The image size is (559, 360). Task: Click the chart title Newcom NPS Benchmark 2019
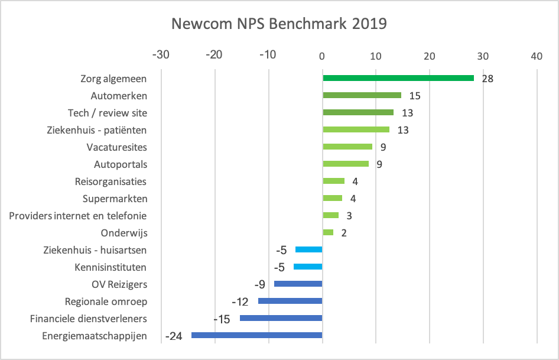[x=279, y=24]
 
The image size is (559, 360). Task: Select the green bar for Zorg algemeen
[x=398, y=78]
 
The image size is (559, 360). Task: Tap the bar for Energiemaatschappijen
[x=256, y=336]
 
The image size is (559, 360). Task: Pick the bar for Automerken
[x=362, y=95]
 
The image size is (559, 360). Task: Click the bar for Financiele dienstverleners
[x=281, y=319]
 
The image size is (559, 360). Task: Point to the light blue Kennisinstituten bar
[x=308, y=267]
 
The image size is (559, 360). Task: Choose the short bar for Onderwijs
[x=328, y=232]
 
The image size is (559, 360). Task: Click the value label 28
[x=487, y=79]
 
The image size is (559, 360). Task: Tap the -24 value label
[x=174, y=336]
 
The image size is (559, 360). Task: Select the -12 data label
[x=240, y=302]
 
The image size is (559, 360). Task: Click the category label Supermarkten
[x=115, y=199]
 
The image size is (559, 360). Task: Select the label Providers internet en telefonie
[x=78, y=216]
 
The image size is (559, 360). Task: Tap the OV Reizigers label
[x=119, y=284]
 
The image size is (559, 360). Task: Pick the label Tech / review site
[x=108, y=113]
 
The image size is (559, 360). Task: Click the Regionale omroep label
[x=106, y=301]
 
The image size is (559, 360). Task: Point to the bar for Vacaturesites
[x=347, y=147]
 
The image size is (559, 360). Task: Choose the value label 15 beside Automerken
[x=415, y=96]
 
